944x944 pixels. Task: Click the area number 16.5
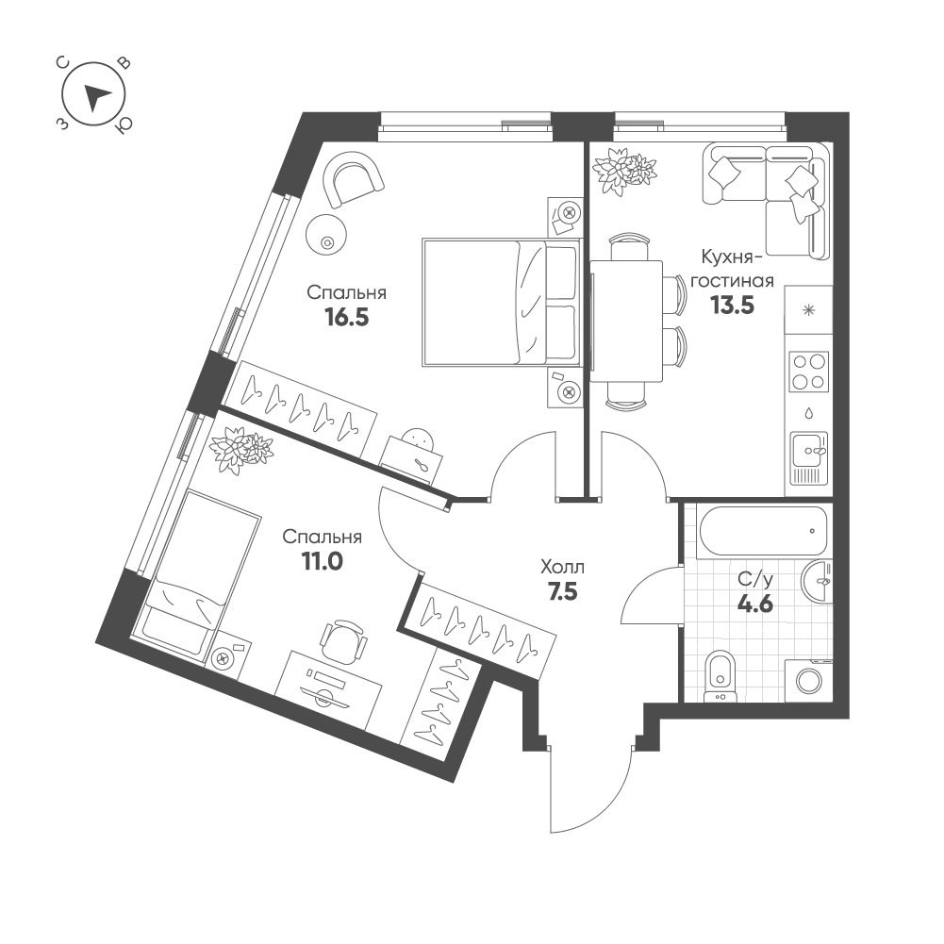click(346, 317)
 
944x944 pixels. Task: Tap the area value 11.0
click(323, 562)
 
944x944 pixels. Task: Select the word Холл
click(563, 567)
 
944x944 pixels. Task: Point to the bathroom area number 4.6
click(755, 604)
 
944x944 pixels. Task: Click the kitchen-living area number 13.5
click(732, 306)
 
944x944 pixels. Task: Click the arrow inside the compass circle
click(95, 97)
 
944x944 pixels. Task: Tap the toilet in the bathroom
click(720, 676)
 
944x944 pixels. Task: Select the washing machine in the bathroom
click(808, 680)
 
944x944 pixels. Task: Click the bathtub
click(762, 530)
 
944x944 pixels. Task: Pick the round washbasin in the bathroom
click(817, 580)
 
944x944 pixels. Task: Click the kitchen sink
click(809, 458)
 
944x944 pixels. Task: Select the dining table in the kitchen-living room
click(626, 322)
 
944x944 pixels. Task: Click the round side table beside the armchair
click(326, 236)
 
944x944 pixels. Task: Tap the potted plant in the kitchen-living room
click(623, 171)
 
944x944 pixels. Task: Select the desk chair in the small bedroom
click(343, 639)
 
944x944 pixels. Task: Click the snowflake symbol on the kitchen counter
click(808, 309)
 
